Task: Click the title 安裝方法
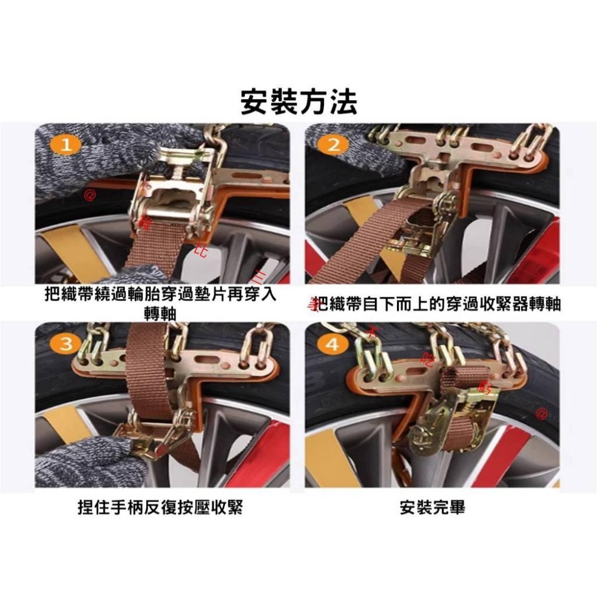click(298, 101)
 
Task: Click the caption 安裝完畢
click(432, 507)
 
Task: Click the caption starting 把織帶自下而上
click(439, 304)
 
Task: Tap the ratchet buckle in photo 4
click(463, 418)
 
